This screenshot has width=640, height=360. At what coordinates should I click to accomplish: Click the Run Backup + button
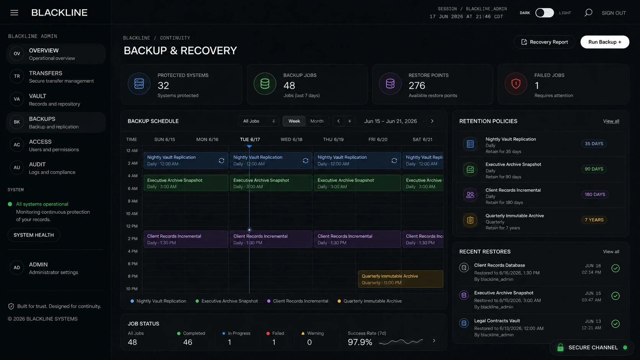pyautogui.click(x=604, y=42)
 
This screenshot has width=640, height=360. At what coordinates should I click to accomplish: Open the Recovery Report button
pyautogui.click(x=544, y=42)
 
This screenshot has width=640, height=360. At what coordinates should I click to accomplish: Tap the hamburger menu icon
pyautogui.click(x=14, y=13)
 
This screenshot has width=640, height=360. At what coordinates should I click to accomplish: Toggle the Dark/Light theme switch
pyautogui.click(x=544, y=13)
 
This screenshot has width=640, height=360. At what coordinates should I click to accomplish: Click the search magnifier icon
pyautogui.click(x=588, y=13)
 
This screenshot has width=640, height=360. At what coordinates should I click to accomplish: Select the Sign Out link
pyautogui.click(x=614, y=13)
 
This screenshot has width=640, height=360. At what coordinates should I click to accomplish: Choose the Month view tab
pyautogui.click(x=317, y=121)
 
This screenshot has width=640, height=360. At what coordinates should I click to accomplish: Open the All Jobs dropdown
pyautogui.click(x=258, y=121)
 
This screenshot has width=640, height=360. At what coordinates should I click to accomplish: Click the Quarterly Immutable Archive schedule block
pyautogui.click(x=400, y=279)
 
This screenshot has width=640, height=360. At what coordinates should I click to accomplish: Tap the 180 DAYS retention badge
pyautogui.click(x=595, y=194)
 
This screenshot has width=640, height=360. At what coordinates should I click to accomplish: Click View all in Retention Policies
pyautogui.click(x=611, y=121)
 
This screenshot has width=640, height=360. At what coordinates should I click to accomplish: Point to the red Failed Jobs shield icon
pyautogui.click(x=516, y=84)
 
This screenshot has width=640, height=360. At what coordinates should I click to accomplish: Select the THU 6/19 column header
pyautogui.click(x=333, y=139)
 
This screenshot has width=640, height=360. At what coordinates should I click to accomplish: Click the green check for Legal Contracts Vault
pyautogui.click(x=616, y=323)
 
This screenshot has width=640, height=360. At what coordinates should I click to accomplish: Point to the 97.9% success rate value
pyautogui.click(x=360, y=342)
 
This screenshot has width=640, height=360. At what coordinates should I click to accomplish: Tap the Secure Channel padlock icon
pyautogui.click(x=560, y=347)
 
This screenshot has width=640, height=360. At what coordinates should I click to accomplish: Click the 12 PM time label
pyautogui.click(x=132, y=226)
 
